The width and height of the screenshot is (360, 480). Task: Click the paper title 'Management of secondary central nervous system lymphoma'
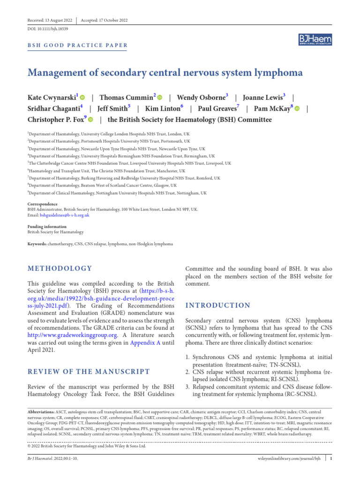(165, 73)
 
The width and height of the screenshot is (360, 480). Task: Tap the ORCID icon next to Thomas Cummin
(159, 97)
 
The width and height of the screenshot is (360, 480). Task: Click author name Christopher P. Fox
(57, 120)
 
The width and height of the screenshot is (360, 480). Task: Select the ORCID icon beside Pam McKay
(297, 108)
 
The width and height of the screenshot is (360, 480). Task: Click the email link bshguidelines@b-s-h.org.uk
(64, 215)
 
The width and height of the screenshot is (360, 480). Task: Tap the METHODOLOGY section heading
(60, 269)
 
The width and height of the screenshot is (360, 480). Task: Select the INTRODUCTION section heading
(218, 305)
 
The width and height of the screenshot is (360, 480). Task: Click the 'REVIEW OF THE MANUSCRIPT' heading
(89, 372)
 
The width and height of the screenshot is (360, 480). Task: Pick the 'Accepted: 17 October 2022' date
(104, 21)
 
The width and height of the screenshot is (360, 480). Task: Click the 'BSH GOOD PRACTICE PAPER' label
(77, 45)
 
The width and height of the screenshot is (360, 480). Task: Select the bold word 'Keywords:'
(37, 244)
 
